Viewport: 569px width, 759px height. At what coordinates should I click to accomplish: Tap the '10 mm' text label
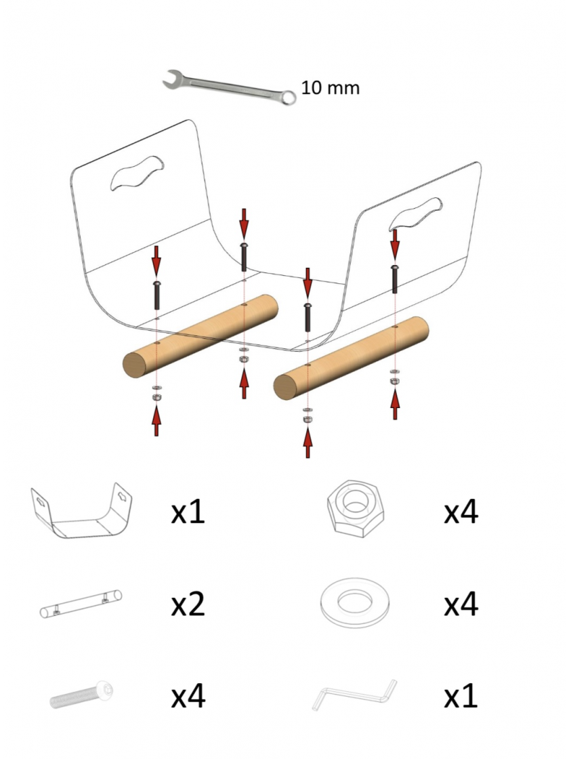[331, 87]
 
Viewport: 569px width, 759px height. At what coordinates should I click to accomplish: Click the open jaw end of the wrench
[172, 79]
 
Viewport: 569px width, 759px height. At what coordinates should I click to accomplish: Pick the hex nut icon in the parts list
[356, 508]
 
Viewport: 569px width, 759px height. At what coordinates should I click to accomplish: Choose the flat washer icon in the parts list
[355, 602]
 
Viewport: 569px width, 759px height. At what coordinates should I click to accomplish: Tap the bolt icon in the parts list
[82, 695]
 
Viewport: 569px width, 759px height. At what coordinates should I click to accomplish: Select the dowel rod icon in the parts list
[81, 604]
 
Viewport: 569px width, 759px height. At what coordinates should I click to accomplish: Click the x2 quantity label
[188, 604]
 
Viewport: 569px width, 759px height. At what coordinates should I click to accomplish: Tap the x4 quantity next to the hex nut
[461, 511]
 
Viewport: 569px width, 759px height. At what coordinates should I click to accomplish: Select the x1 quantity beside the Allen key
[461, 696]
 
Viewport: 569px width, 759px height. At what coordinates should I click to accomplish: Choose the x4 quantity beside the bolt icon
[188, 696]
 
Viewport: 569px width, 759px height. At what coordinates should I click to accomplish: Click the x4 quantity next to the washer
[461, 604]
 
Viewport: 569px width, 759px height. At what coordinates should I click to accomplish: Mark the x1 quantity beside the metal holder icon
[188, 512]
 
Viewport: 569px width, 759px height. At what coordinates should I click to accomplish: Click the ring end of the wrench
[289, 98]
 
